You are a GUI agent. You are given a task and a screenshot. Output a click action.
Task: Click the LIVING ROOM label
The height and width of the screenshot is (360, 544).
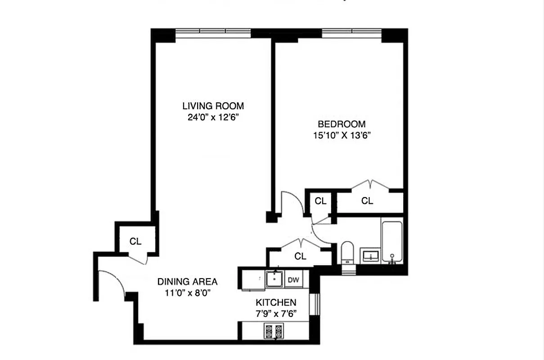coord(213,106)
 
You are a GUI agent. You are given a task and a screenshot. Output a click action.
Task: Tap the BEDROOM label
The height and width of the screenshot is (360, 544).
coord(342,124)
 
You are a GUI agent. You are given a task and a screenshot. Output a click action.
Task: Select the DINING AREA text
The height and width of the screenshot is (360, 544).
coord(187,282)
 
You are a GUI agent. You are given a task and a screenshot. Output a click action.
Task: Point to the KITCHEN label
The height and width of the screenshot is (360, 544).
coord(276,302)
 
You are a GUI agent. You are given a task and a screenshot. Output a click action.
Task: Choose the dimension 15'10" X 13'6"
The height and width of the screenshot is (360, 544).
coord(342,135)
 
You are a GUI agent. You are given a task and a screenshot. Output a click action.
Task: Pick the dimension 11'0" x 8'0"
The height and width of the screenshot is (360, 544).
coord(187,292)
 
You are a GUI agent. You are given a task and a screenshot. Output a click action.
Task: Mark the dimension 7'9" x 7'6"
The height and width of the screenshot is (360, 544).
coord(276,313)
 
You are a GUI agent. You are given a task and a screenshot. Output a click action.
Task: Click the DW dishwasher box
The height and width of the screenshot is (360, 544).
coord(293,280)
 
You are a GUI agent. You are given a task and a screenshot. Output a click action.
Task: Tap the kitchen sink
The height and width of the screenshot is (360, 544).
coord(273,279)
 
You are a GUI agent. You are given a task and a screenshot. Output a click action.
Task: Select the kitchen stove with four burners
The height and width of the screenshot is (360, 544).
coord(274,331)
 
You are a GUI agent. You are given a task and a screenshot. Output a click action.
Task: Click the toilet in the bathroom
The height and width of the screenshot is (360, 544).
coord(347,252)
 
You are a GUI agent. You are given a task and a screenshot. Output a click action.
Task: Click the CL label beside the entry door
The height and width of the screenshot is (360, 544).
coord(135,241)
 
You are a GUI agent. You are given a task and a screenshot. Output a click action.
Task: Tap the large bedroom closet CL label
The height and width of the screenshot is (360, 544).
coord(367,201)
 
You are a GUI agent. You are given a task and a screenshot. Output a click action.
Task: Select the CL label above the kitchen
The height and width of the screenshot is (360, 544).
coord(300,256)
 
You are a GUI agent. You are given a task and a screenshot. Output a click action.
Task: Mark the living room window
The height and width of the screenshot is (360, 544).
coord(213,33)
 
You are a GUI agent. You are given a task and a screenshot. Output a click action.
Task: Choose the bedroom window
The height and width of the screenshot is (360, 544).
coord(351,33)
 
